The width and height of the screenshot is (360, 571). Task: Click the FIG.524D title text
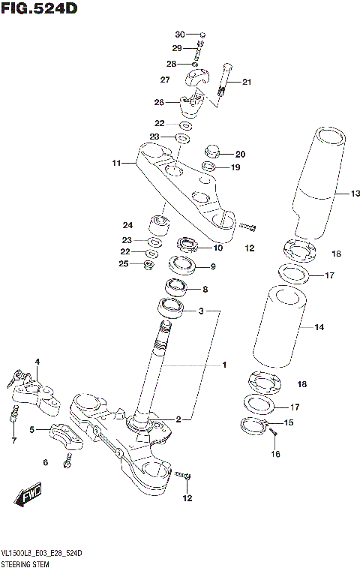[39, 9]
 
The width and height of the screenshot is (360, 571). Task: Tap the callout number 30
[179, 35]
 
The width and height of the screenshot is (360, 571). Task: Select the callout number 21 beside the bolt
[247, 82]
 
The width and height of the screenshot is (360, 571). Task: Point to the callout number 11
[116, 162]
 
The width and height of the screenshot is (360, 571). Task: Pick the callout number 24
[127, 224]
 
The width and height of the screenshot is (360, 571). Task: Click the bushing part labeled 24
[159, 225]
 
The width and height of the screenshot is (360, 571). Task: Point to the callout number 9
[212, 266]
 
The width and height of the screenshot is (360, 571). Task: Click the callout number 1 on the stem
[223, 365]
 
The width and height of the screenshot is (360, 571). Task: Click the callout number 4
[37, 362]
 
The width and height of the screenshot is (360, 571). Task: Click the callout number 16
[275, 454]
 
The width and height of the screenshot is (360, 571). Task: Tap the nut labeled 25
[149, 264]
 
